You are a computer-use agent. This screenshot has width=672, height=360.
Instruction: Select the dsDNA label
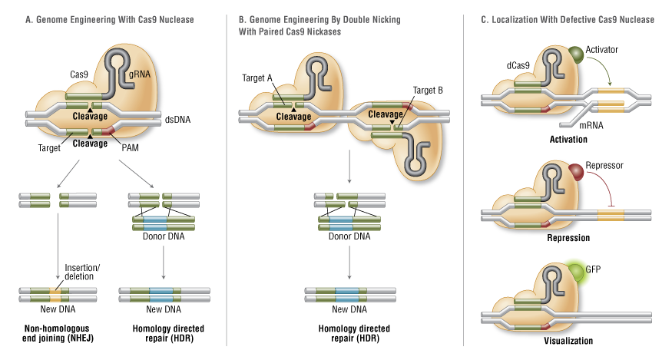pyautogui.click(x=177, y=119)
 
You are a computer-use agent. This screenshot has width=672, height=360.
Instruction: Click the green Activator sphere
pyautogui.click(x=576, y=54)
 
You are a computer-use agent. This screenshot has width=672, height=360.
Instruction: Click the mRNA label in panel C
pyautogui.click(x=570, y=124)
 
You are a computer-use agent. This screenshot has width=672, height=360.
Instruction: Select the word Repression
pyautogui.click(x=568, y=238)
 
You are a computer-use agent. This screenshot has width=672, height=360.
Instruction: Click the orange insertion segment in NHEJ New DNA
pyautogui.click(x=56, y=292)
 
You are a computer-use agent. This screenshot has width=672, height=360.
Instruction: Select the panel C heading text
pyautogui.click(x=568, y=19)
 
